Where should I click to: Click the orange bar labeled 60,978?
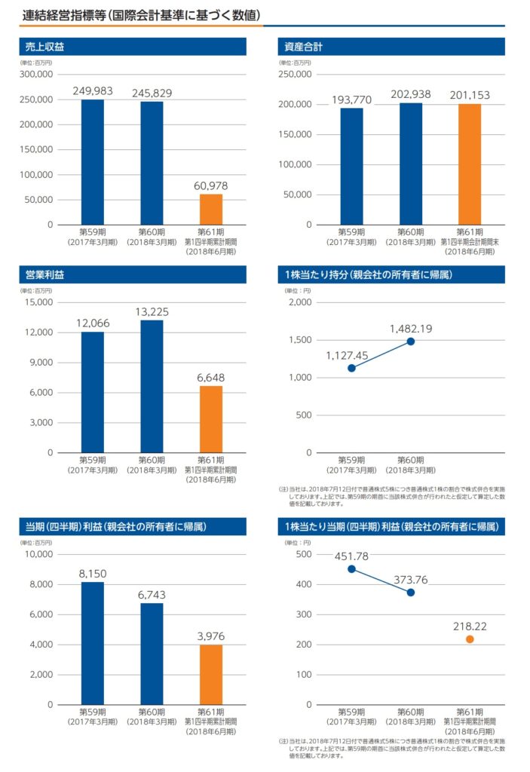[x=211, y=209]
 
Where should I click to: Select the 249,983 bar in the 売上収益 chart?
[x=93, y=161]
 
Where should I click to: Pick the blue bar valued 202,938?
[x=410, y=164]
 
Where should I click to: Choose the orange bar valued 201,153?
[x=469, y=164]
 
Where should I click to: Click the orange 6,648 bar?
[x=211, y=419]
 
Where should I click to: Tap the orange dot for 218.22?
[x=469, y=639]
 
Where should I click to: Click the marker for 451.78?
[x=351, y=569]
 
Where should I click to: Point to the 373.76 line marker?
[x=410, y=593]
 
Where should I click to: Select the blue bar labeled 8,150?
[x=93, y=643]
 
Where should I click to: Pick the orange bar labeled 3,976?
[x=211, y=675]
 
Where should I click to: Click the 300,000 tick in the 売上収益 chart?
[x=37, y=75]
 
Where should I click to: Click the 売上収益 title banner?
[x=132, y=47]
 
